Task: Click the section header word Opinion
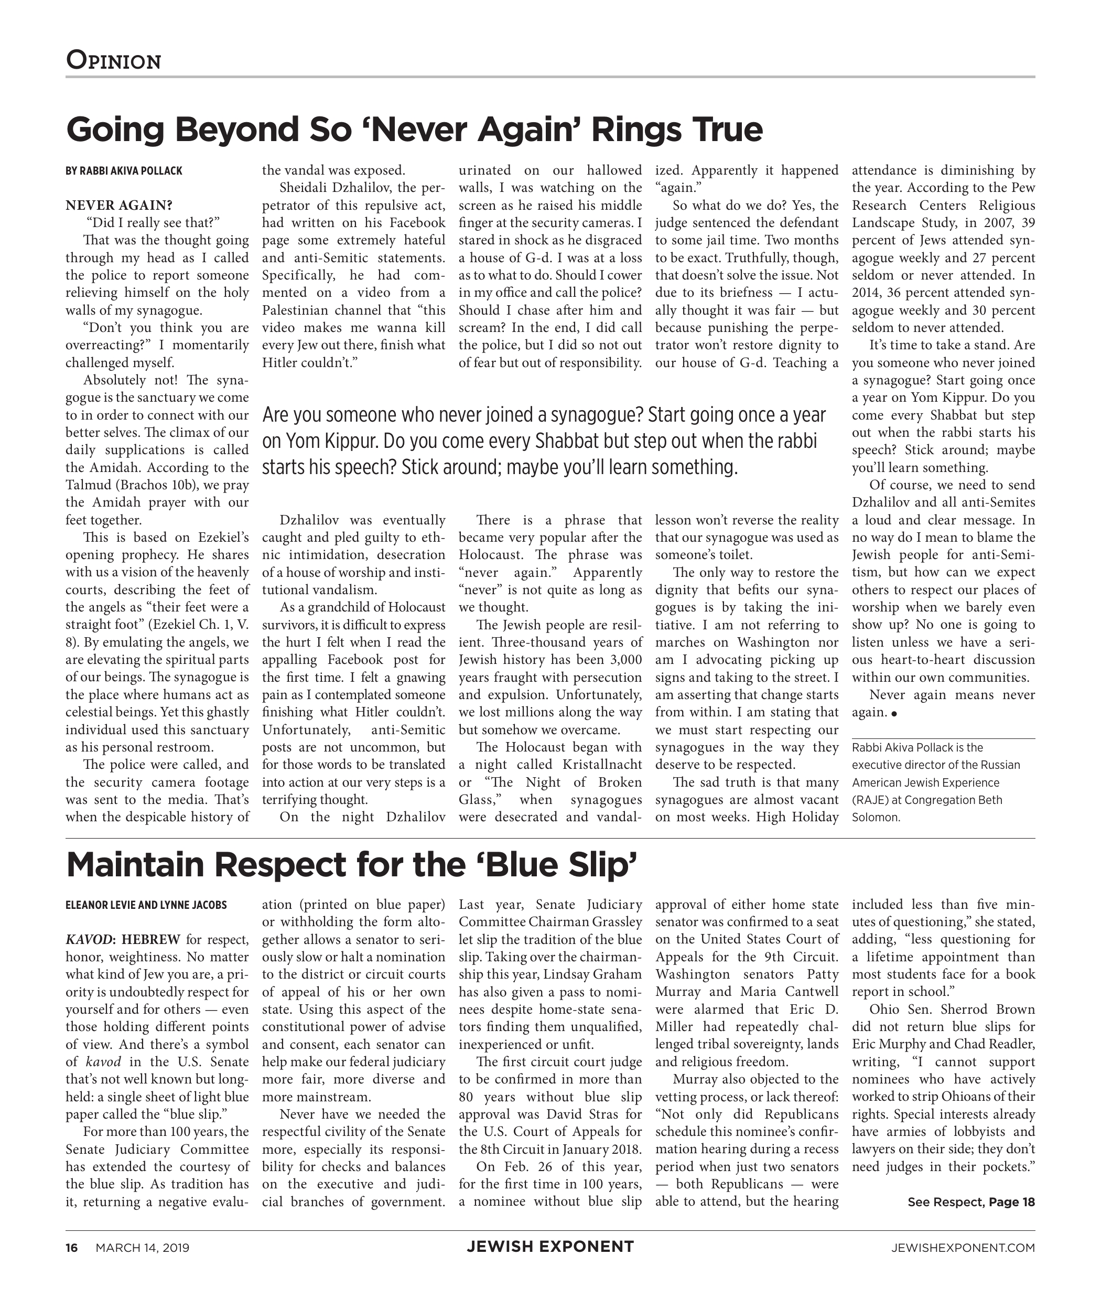pos(114,61)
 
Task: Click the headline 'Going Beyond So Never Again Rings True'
pos(414,129)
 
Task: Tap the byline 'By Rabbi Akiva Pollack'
pos(124,171)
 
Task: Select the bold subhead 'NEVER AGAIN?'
pos(118,206)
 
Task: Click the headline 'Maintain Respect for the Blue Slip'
pos(351,865)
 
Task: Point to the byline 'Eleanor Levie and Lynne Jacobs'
pos(146,905)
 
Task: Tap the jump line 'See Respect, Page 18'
pos(970,1202)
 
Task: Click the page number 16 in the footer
pos(72,1248)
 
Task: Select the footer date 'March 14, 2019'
pos(142,1248)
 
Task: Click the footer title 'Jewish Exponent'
pos(550,1247)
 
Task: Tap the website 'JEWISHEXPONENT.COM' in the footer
pos(963,1248)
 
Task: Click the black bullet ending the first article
pos(894,714)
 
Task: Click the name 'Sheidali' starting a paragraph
pos(305,188)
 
